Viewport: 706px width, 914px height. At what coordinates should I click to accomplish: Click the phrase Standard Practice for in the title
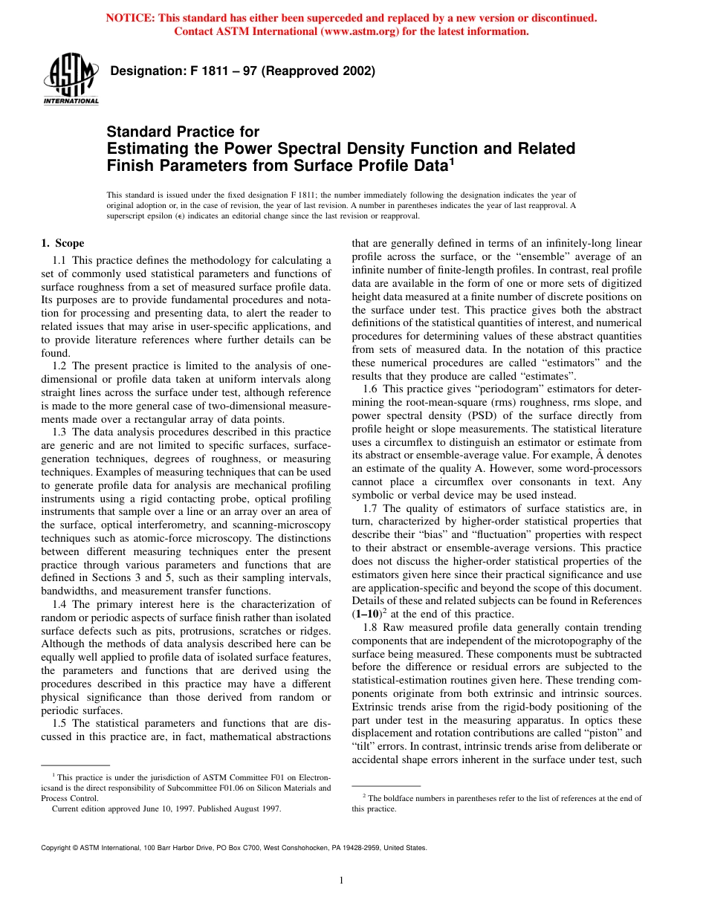pos(183,132)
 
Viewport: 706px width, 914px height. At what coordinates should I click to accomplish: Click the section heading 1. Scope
pos(62,243)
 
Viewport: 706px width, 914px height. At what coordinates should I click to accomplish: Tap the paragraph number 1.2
pos(60,366)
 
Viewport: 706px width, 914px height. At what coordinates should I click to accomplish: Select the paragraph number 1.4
pos(60,604)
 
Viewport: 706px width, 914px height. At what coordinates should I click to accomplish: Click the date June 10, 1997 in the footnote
pos(157,809)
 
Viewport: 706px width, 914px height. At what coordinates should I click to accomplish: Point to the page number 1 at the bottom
pos(340,881)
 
